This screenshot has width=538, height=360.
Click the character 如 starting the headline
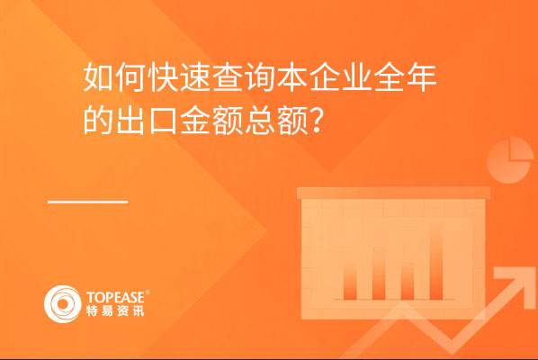pos(98,77)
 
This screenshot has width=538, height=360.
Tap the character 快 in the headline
pos(163,77)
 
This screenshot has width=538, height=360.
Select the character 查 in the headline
pos(228,77)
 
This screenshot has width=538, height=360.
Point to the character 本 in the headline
pos(292,77)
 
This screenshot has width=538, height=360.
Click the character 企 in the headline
pos(325,77)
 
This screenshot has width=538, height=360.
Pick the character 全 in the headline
pos(390,77)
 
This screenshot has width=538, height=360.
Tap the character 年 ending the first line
pos(422,77)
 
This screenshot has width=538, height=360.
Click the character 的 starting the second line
pos(98,120)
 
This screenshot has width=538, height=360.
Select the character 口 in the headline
pos(163,121)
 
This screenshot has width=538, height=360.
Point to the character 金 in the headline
pos(195,120)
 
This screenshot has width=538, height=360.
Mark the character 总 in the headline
pos(260,120)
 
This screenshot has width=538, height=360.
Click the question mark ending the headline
pos(317,120)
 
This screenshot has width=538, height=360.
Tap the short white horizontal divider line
pos(87,202)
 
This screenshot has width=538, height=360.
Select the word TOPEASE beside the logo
pos(116,297)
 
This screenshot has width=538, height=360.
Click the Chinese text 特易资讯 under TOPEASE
pos(115,310)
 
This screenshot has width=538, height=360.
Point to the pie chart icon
pos(510,160)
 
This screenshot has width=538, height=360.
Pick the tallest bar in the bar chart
pos(436,262)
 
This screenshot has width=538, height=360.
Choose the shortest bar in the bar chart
pos(408,281)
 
